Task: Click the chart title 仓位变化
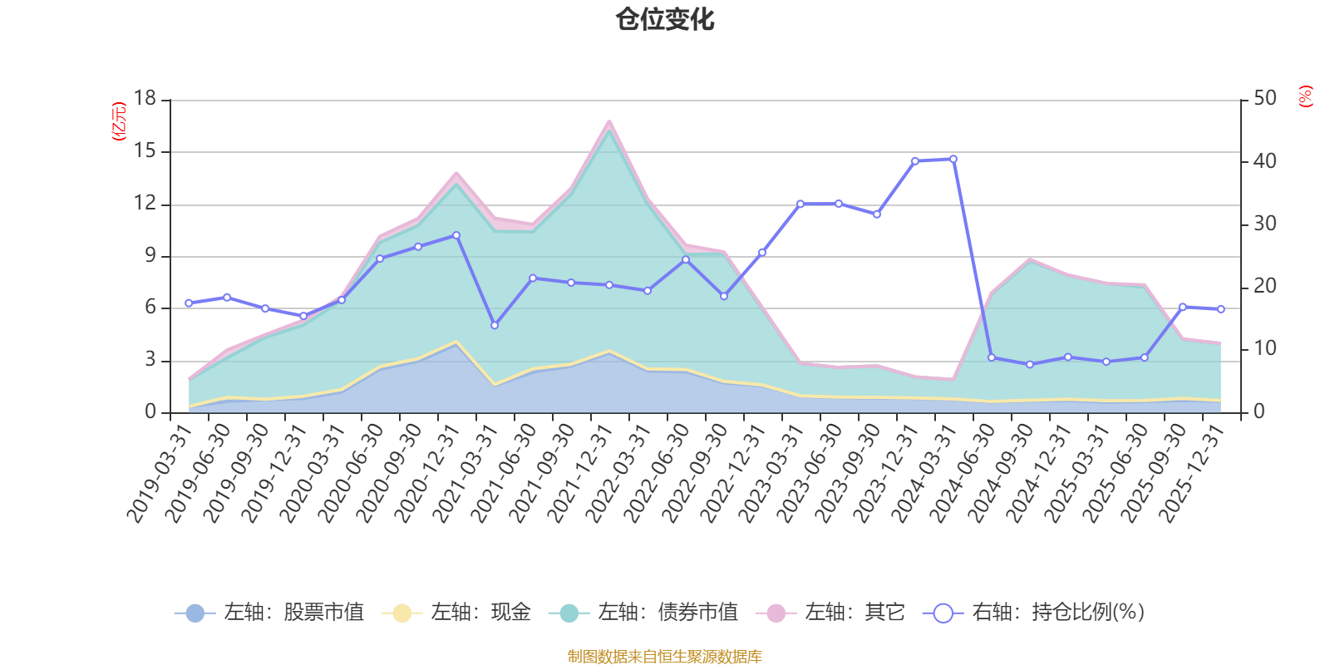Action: (x=665, y=19)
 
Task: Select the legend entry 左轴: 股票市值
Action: (x=270, y=613)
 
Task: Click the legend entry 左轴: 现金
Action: (x=457, y=613)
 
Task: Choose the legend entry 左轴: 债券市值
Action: (x=644, y=613)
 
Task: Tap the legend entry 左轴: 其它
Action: (x=831, y=613)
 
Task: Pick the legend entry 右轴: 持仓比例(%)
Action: (x=1035, y=613)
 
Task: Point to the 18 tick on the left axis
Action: (x=145, y=99)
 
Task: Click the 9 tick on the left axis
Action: (x=150, y=256)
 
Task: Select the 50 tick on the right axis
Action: (x=1264, y=99)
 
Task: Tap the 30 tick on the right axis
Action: (x=1264, y=224)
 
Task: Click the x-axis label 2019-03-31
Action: (x=160, y=472)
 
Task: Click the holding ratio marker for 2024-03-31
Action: (x=953, y=159)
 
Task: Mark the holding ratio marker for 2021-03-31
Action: (x=495, y=325)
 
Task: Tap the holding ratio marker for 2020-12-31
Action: (x=456, y=235)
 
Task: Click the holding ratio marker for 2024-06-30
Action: (x=992, y=357)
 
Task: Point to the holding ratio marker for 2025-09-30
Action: (x=1183, y=307)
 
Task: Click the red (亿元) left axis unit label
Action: (x=119, y=121)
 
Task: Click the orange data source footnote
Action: (x=665, y=657)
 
